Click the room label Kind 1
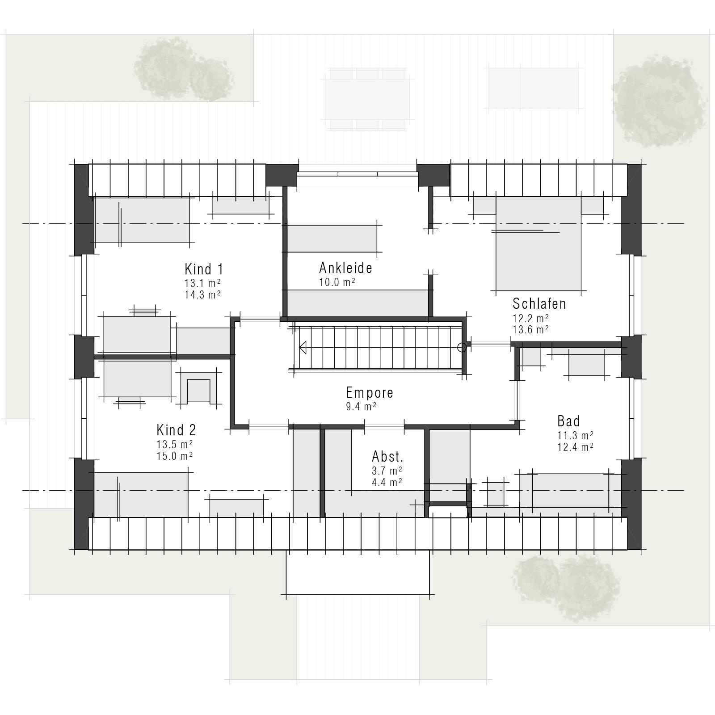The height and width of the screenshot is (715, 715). pyautogui.click(x=204, y=269)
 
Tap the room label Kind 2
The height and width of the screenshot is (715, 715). pyautogui.click(x=176, y=430)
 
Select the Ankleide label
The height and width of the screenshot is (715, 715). pyautogui.click(x=345, y=268)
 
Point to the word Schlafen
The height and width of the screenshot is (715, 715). pyautogui.click(x=539, y=304)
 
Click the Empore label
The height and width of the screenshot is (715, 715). pyautogui.click(x=370, y=392)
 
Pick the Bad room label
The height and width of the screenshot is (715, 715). pyautogui.click(x=568, y=421)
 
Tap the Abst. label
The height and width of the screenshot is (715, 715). pyautogui.click(x=387, y=457)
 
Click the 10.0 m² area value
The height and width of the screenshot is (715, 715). pyautogui.click(x=337, y=282)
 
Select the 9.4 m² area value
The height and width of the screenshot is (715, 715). pyautogui.click(x=361, y=406)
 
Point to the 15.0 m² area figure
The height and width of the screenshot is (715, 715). pyautogui.click(x=174, y=456)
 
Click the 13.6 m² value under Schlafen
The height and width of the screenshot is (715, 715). pyautogui.click(x=530, y=329)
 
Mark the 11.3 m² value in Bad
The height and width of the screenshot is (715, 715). pyautogui.click(x=575, y=435)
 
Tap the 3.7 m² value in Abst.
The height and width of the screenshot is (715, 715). pyautogui.click(x=387, y=471)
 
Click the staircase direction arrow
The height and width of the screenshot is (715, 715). pyautogui.click(x=303, y=347)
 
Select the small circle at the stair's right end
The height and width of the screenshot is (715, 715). pyautogui.click(x=462, y=347)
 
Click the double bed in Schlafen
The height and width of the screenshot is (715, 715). pyautogui.click(x=538, y=244)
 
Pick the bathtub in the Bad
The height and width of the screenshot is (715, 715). pyautogui.click(x=571, y=491)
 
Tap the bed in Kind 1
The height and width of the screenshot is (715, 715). pyautogui.click(x=142, y=220)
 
